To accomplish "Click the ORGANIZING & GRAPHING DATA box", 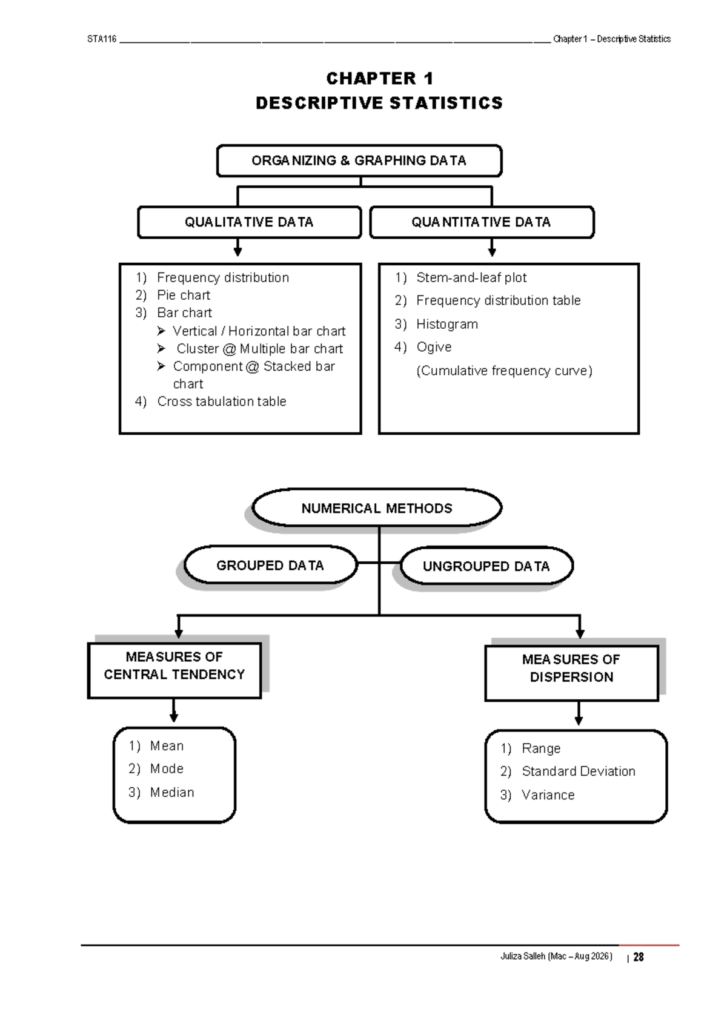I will [359, 160].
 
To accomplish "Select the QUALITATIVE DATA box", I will [249, 222].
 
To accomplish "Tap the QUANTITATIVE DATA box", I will [481, 222].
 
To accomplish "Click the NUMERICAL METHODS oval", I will [376, 508].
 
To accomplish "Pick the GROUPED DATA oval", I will [270, 565].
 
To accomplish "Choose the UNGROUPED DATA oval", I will [486, 566].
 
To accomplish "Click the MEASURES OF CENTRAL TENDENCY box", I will [174, 665].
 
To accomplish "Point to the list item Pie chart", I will [183, 295].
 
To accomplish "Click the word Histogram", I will [446, 324].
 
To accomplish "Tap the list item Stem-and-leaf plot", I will [471, 277].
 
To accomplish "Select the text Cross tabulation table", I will [221, 401].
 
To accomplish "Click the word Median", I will [172, 792].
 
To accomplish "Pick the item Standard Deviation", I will [578, 771].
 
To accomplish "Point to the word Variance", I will [548, 794].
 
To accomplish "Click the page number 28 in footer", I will [638, 957].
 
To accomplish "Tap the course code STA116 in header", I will [102, 39].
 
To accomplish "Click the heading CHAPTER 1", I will [379, 78].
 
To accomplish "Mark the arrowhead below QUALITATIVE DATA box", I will [237, 251].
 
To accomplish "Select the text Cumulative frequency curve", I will [503, 371].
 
